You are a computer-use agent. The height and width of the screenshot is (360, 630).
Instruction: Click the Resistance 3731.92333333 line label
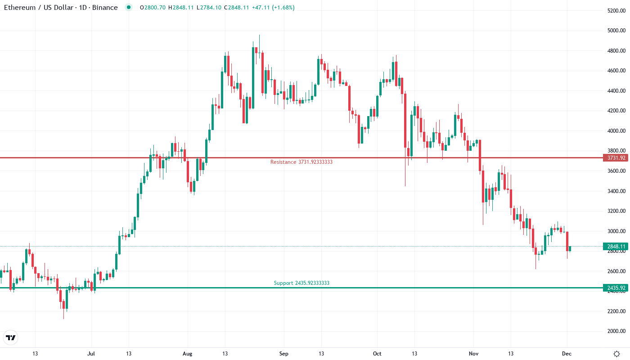301,162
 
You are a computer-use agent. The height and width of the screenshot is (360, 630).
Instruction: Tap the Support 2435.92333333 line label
301,283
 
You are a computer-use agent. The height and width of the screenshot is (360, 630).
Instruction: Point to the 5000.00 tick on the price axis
616,31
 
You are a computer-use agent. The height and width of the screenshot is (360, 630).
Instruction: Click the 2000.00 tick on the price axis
616,331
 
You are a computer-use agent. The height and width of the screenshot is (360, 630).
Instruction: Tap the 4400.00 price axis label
616,91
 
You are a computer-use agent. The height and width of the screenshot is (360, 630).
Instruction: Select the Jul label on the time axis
91,354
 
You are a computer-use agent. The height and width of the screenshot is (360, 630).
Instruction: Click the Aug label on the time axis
188,354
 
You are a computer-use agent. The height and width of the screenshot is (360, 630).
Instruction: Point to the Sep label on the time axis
283,354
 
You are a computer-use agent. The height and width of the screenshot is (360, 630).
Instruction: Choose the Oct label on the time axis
377,354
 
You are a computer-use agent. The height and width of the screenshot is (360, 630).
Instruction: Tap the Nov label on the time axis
473,354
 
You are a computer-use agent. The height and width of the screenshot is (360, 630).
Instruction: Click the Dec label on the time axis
567,354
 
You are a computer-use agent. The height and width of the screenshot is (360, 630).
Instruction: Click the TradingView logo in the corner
11,337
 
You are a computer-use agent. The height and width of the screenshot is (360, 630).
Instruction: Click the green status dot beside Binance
129,8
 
